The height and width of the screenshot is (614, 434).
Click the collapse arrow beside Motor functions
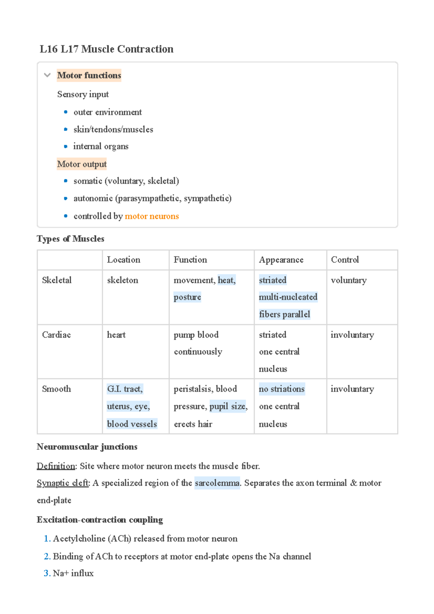(47, 75)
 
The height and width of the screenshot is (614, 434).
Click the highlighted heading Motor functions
(89, 75)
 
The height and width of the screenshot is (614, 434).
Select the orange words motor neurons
(152, 216)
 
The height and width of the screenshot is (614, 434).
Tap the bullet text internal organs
(101, 146)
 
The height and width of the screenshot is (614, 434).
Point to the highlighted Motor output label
(82, 164)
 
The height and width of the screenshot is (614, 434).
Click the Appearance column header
(281, 260)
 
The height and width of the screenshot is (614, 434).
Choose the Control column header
(345, 260)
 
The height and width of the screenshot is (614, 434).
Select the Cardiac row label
(56, 335)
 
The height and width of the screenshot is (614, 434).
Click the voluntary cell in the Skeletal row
(349, 280)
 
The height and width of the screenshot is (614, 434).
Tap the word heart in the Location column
(116, 335)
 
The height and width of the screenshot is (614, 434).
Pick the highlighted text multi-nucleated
(288, 297)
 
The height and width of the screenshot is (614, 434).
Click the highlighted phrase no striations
(282, 389)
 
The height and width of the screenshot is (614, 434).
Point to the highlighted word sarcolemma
(217, 483)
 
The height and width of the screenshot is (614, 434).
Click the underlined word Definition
(56, 466)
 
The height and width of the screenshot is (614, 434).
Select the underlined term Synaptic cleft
(63, 483)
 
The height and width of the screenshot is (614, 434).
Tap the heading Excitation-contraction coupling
(100, 520)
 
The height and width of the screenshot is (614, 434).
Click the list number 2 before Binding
(47, 557)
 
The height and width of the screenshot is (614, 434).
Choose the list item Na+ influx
(73, 574)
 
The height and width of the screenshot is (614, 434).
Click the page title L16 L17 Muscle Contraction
(106, 49)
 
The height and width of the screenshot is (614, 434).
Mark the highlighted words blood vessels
(132, 424)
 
